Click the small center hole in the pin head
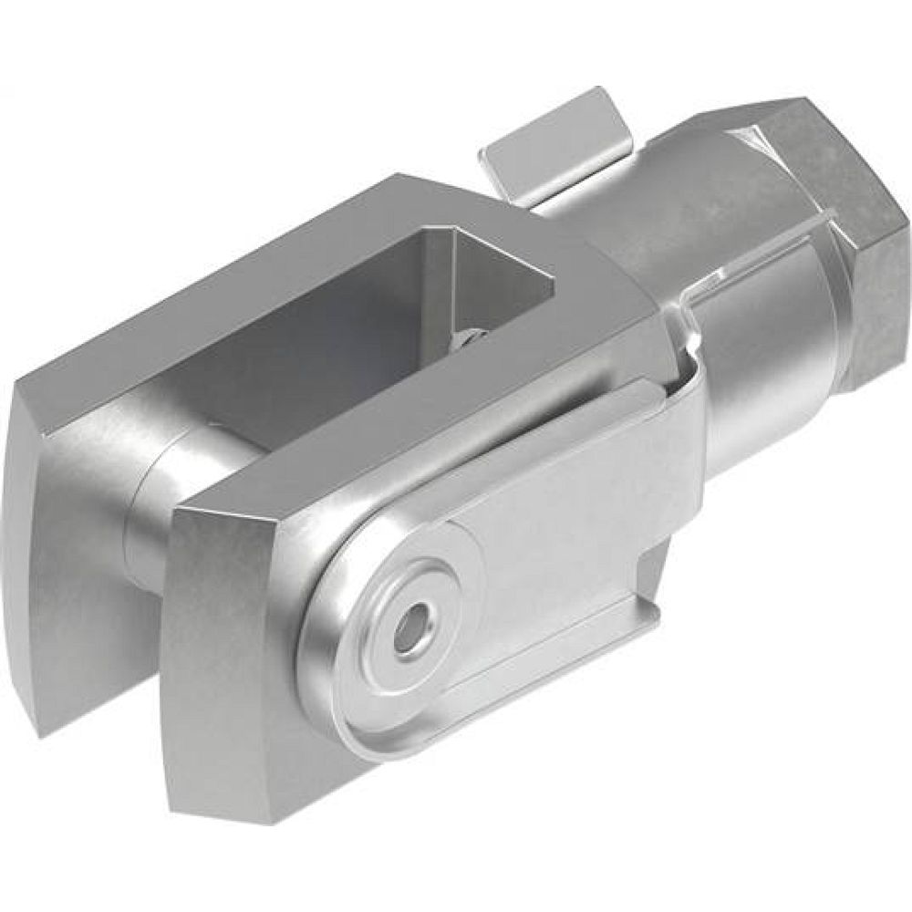click(x=407, y=628)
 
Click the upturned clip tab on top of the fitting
click(x=556, y=146)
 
